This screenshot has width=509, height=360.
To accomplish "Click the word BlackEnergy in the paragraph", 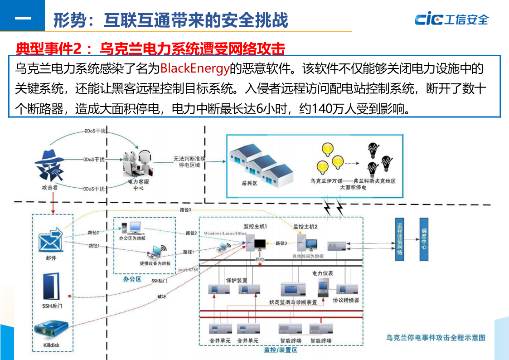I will click(195, 69).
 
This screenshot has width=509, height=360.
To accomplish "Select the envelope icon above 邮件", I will click(50, 241).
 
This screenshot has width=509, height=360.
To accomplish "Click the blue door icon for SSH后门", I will click(51, 287).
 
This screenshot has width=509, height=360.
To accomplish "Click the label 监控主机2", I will click(305, 226).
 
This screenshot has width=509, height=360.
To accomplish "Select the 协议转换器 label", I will click(346, 300).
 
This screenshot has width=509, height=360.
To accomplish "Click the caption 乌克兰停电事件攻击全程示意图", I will click(436, 337).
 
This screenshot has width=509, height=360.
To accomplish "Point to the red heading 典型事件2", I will click(50, 48).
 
